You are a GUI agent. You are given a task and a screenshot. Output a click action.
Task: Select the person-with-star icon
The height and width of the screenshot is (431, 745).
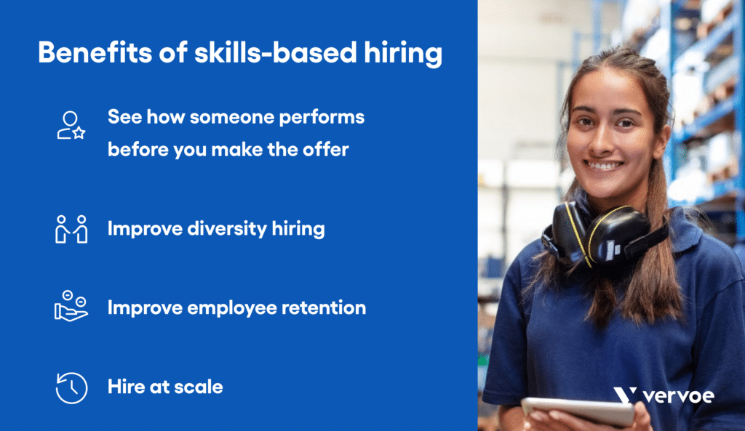[x=71, y=125]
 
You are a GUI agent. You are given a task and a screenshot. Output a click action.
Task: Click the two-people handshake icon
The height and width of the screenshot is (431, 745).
[x=71, y=230]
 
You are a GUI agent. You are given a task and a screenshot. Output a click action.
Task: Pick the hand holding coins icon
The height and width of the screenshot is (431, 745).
[x=71, y=305]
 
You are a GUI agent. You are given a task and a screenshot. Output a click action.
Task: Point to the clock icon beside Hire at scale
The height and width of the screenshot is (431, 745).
[x=71, y=387]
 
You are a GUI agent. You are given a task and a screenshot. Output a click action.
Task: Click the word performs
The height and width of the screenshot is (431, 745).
[x=327, y=117]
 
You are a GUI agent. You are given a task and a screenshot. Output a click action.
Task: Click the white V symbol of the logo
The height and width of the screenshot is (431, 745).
[x=624, y=395]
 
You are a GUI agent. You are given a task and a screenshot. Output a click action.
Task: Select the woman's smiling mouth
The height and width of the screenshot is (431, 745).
[x=605, y=165]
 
